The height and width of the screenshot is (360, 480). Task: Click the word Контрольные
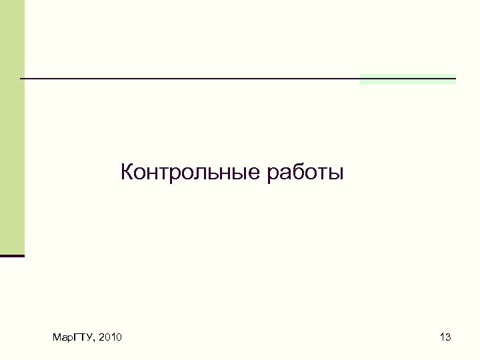(191, 173)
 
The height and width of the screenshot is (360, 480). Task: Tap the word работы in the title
(305, 173)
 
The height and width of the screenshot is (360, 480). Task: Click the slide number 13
(445, 338)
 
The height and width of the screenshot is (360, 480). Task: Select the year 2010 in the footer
(109, 338)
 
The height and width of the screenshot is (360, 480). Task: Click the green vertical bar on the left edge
(12, 127)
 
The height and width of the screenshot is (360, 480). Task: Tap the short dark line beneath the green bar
(12, 255)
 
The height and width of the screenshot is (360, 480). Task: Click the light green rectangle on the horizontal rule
(407, 79)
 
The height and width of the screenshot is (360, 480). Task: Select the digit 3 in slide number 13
(448, 338)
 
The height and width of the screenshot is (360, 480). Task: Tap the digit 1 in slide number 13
(442, 338)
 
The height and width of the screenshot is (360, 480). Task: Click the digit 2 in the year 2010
(100, 338)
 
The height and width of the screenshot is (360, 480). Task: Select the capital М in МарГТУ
(56, 338)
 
